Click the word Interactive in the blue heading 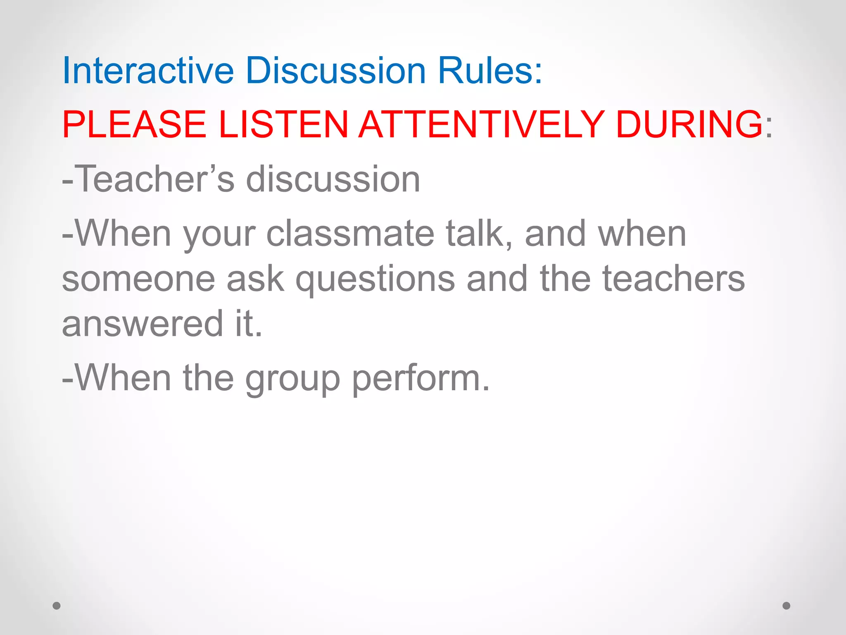click(148, 71)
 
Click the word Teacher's click(155, 179)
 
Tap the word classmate click(350, 234)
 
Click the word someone click(138, 279)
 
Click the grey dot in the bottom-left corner click(57, 606)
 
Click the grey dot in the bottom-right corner click(787, 606)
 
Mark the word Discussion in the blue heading click(335, 71)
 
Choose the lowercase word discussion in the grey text click(333, 179)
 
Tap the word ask click(255, 279)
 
